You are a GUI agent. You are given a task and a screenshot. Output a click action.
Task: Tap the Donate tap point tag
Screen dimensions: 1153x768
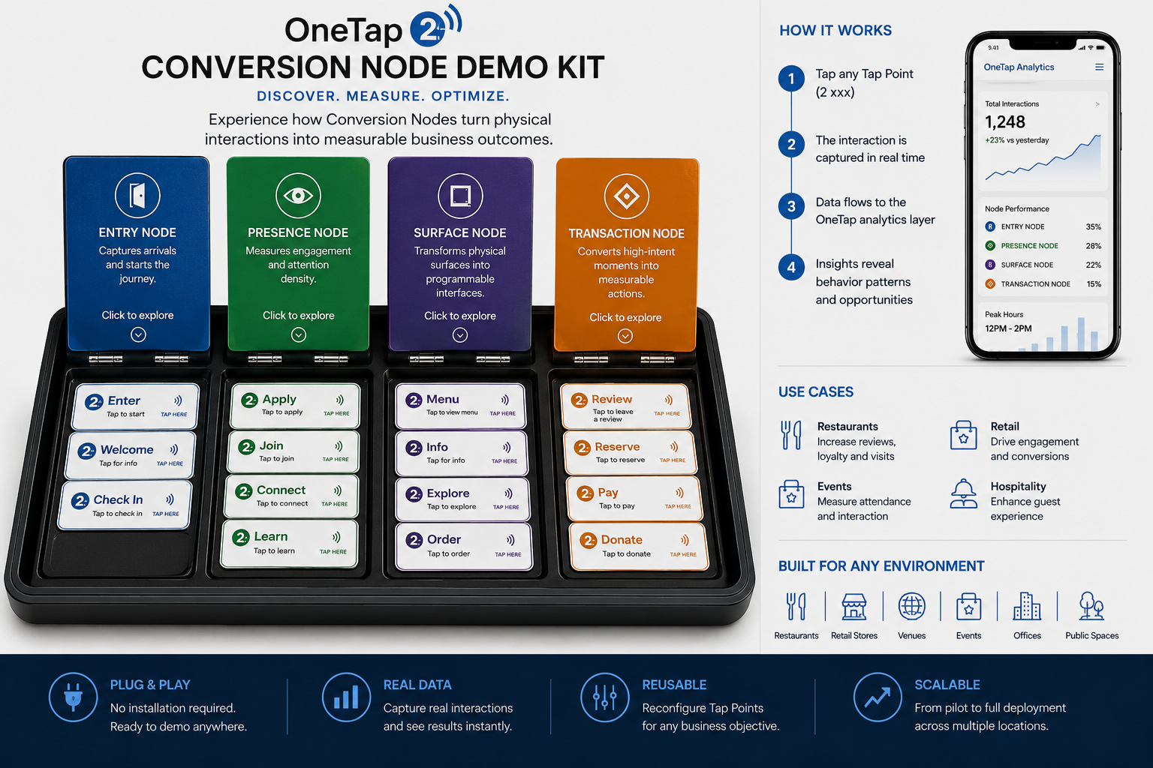pos(639,546)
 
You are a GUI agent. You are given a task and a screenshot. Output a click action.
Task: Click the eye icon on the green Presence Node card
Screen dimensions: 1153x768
pos(298,196)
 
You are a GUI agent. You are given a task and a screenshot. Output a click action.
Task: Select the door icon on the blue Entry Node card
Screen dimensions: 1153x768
pos(137,196)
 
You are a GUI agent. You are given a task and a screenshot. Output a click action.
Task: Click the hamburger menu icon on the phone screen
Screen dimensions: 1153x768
pos(1099,67)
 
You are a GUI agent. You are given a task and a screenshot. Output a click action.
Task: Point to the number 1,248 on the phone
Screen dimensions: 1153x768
pos(1005,122)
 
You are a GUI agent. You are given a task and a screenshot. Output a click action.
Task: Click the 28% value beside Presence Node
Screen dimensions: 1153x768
pos(1093,246)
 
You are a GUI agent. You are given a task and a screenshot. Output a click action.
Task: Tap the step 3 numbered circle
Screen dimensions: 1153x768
pos(791,206)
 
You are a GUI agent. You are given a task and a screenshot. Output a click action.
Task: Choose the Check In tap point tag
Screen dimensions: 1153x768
pos(125,505)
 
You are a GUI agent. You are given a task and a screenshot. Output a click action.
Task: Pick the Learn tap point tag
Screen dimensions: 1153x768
pos(289,544)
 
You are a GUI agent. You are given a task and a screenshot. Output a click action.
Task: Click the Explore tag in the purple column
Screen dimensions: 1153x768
pos(462,499)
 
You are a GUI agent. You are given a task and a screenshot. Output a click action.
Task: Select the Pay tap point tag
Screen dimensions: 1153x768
pos(634,498)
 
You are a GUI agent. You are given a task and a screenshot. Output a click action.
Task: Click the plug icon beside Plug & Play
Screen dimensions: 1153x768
pos(73,697)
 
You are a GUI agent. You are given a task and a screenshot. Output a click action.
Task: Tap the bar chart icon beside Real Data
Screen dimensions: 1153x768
pos(346,697)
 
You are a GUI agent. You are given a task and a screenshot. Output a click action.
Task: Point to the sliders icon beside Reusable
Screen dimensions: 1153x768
pos(604,697)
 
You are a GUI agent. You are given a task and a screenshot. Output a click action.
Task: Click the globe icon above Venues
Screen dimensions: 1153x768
pos(911,605)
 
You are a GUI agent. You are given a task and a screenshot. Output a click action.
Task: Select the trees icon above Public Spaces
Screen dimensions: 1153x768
pos(1091,605)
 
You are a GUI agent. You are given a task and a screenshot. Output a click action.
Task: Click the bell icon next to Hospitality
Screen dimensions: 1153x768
pos(963,493)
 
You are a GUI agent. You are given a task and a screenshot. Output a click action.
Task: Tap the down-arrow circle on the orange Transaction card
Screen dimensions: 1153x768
pos(625,336)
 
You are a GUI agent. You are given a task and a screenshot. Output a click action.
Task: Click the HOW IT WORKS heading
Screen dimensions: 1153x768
pos(835,30)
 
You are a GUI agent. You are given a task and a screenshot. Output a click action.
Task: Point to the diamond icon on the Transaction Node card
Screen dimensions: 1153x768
pos(627,196)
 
